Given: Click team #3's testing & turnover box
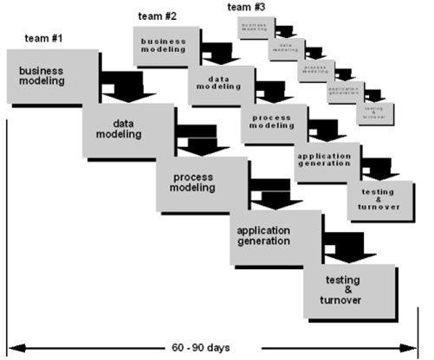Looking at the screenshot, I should pos(376,113).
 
